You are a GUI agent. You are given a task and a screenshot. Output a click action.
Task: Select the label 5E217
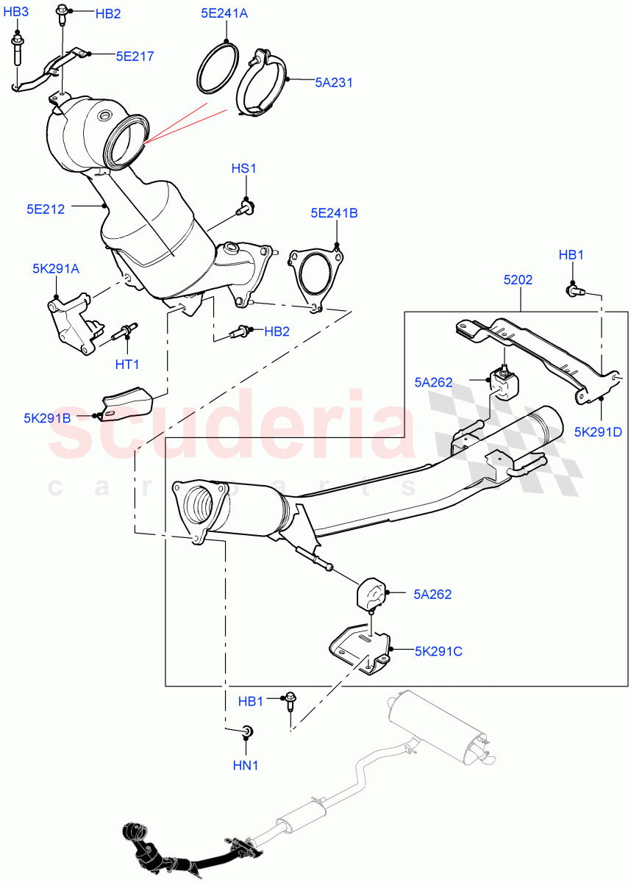[x=135, y=55]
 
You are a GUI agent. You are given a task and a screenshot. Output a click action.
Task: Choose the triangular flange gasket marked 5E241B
[x=316, y=276]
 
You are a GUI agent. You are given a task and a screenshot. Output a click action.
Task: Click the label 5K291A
[x=56, y=269]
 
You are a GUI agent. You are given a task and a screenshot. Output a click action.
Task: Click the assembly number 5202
[x=518, y=280]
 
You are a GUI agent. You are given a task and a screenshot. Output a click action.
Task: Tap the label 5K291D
[x=598, y=431]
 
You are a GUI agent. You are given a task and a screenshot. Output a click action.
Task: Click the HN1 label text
[x=246, y=764]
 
